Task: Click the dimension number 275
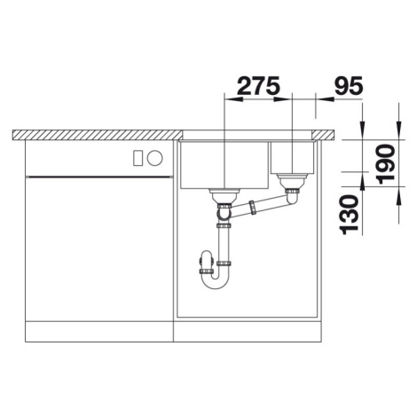(258, 85)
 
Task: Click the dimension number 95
(348, 85)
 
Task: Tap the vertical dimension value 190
(387, 164)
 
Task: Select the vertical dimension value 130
(350, 215)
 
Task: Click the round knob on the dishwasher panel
(155, 157)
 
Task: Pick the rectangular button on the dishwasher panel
(138, 158)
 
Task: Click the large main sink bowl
(224, 165)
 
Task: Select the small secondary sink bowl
(292, 158)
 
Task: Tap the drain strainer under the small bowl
(292, 181)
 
